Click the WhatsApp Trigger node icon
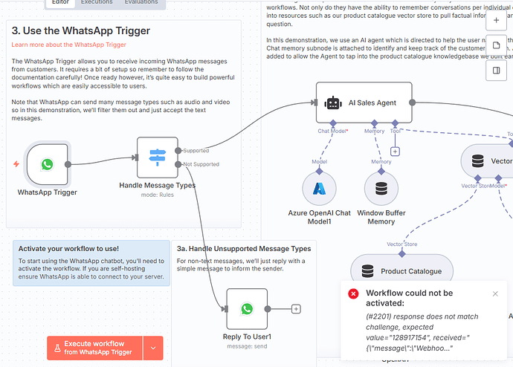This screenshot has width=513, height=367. point(48,164)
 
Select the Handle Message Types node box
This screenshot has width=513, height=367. point(158,157)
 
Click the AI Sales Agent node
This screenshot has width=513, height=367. point(364,103)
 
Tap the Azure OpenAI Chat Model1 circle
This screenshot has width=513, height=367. point(319,189)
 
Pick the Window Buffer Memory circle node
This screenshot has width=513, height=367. point(381,189)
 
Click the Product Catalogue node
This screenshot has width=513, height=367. point(401,271)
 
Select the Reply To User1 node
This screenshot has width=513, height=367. point(246,308)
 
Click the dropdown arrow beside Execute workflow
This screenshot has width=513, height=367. point(153,348)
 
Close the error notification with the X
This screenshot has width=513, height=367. point(496,293)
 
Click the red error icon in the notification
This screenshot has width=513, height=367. point(354,293)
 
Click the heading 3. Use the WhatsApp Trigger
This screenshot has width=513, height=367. point(80,31)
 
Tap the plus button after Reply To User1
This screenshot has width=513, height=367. point(296,308)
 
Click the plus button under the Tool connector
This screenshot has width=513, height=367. point(395,152)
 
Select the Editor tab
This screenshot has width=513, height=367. point(60,3)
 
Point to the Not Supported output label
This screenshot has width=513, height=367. point(201,164)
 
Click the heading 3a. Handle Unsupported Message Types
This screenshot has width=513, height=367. point(243,248)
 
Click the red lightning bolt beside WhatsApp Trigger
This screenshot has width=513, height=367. point(16,164)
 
